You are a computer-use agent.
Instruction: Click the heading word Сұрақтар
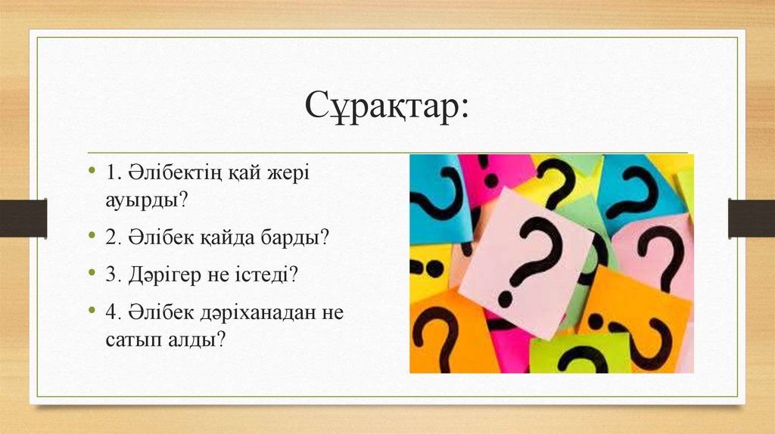click(387, 107)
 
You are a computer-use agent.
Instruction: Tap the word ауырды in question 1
click(144, 200)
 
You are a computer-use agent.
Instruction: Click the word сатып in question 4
click(132, 339)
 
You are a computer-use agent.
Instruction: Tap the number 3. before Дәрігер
click(114, 275)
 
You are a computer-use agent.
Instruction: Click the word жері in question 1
click(286, 173)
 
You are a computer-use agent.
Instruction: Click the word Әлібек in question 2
click(157, 237)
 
